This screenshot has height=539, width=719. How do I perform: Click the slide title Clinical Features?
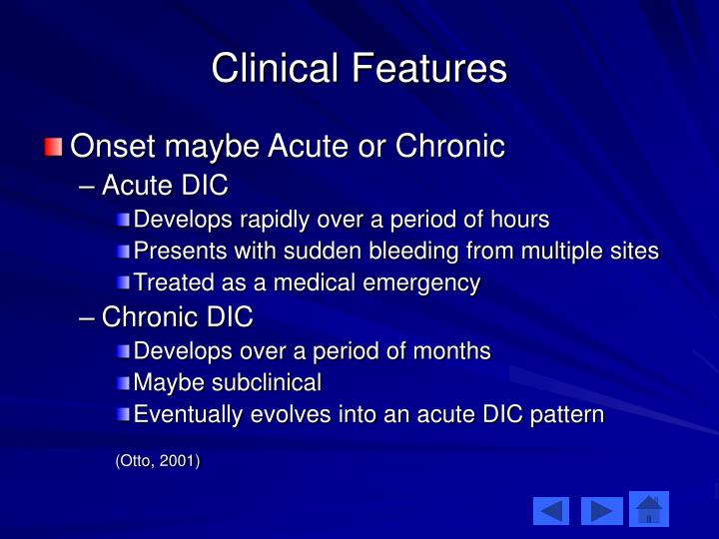click(x=359, y=68)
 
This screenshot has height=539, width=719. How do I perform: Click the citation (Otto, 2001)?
click(x=158, y=460)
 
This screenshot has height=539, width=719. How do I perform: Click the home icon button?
click(x=649, y=510)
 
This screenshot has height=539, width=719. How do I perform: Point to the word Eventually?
click(x=181, y=414)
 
